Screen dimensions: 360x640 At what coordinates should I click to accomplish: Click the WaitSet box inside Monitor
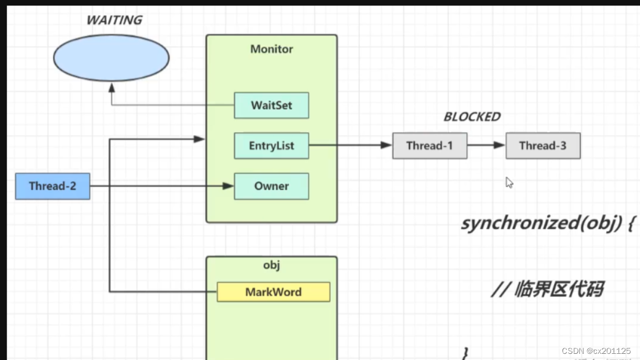pos(271,106)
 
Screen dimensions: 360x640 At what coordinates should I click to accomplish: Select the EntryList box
pos(271,146)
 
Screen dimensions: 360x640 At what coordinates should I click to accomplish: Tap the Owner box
pos(271,186)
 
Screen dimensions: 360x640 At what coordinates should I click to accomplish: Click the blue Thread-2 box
pos(53,186)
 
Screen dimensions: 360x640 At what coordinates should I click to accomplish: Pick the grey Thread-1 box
pos(429,146)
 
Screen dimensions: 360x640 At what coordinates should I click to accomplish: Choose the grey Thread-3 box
pos(543,146)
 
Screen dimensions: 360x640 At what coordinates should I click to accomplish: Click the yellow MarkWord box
pos(273,292)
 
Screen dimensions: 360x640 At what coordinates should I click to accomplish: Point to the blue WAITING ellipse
pos(111,58)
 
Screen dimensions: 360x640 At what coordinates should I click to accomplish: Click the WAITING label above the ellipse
pos(114,20)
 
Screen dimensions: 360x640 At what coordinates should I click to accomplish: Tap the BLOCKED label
pos(472,117)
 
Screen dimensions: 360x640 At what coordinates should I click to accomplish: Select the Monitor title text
pos(271,49)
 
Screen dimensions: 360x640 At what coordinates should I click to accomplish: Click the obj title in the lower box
pos(271,265)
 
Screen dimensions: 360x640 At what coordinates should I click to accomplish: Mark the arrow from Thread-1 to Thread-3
pos(486,146)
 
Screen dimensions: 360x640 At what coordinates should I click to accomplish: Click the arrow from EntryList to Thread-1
pos(350,146)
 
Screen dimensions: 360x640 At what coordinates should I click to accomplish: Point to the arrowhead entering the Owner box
pos(229,186)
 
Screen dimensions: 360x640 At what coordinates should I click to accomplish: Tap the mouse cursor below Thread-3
pos(509,182)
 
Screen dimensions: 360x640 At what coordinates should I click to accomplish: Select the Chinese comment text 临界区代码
pos(547,288)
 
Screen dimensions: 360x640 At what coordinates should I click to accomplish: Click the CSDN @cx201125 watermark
pos(596,351)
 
